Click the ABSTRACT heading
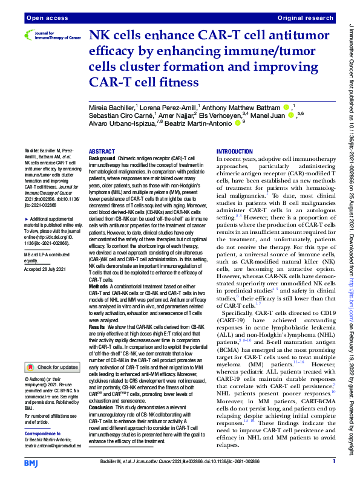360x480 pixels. tap(102, 152)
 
